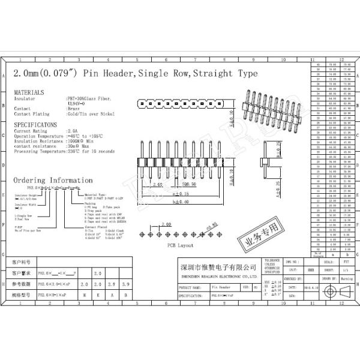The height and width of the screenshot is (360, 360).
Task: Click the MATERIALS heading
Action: point(29,92)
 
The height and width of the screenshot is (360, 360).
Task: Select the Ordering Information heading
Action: point(53,180)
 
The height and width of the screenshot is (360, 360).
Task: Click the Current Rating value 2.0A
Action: point(73,130)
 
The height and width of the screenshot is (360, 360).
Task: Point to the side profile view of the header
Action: point(263,163)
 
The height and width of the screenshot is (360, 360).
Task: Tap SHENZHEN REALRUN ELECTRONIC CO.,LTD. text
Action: point(218,277)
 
